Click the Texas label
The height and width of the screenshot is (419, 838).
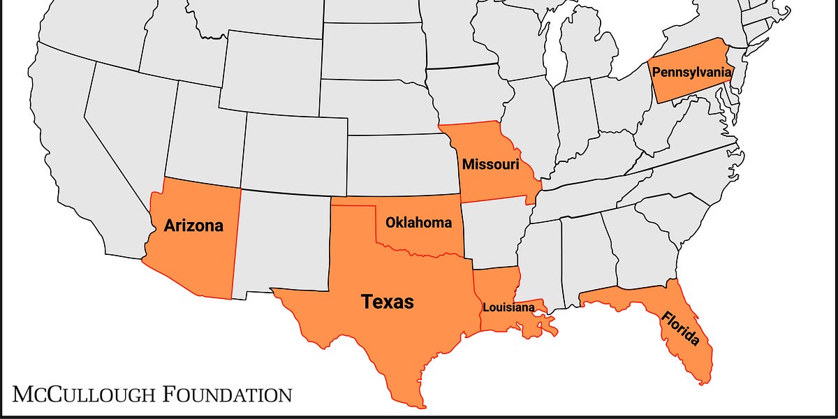point(387,302)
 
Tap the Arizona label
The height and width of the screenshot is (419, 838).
point(193,226)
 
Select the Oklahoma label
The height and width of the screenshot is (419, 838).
point(418,223)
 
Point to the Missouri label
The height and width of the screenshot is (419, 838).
point(490,164)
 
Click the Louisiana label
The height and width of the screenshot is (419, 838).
point(509,307)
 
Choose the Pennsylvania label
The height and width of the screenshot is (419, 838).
point(691,71)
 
